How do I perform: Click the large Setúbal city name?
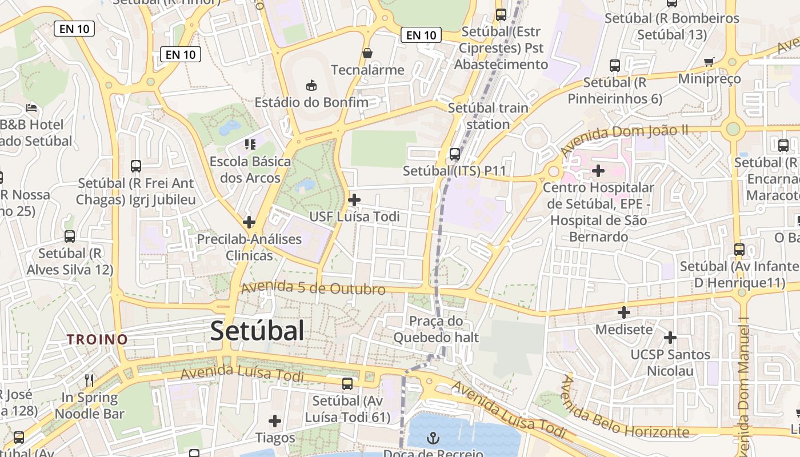tap(257, 331)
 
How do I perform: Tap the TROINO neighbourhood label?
tap(97, 339)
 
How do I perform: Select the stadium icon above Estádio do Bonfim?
tap(311, 86)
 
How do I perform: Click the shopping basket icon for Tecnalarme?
tap(367, 53)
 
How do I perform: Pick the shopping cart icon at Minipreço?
tap(709, 62)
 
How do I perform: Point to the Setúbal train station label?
tap(488, 116)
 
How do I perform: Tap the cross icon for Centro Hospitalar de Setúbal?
tap(598, 170)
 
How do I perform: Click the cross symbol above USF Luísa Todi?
tap(354, 200)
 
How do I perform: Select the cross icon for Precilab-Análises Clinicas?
tap(249, 222)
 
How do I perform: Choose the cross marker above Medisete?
tap(624, 312)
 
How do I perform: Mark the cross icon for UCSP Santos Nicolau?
tap(670, 338)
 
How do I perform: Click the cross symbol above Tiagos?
tap(275, 421)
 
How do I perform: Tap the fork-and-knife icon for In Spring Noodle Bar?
tap(89, 380)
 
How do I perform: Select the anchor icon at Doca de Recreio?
tap(434, 438)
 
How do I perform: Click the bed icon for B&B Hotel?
tap(32, 107)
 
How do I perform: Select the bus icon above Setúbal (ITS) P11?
tap(455, 154)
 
